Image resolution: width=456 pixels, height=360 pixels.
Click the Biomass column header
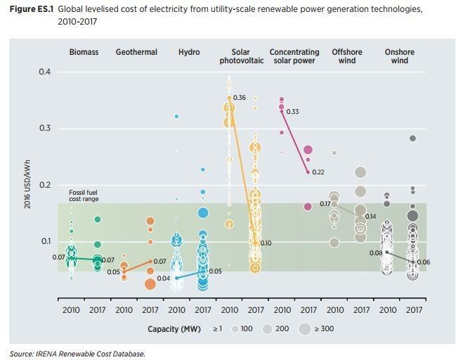(x=84, y=53)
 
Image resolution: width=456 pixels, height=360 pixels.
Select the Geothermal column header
(x=136, y=53)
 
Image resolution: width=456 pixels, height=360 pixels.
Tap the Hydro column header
(x=189, y=53)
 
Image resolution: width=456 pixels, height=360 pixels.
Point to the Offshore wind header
(x=347, y=56)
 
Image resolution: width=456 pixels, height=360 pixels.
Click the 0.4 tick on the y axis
(x=44, y=72)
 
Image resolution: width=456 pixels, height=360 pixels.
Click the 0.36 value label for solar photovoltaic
(x=240, y=98)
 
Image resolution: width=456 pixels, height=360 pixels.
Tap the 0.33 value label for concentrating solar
(x=292, y=112)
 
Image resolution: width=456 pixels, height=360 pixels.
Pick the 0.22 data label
(x=318, y=172)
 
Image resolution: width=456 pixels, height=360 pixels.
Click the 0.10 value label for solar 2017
(x=266, y=243)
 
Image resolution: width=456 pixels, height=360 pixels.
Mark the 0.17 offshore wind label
(x=325, y=204)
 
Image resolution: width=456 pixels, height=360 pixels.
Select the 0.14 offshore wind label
(x=370, y=217)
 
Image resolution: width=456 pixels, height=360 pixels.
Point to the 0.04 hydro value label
(x=162, y=279)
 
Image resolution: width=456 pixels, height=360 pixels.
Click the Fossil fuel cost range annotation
(x=84, y=196)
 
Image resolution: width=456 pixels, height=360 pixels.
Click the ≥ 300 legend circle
(x=304, y=329)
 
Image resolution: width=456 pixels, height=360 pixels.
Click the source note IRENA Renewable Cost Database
(x=77, y=354)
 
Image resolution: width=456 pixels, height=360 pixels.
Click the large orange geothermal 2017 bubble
(x=150, y=284)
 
